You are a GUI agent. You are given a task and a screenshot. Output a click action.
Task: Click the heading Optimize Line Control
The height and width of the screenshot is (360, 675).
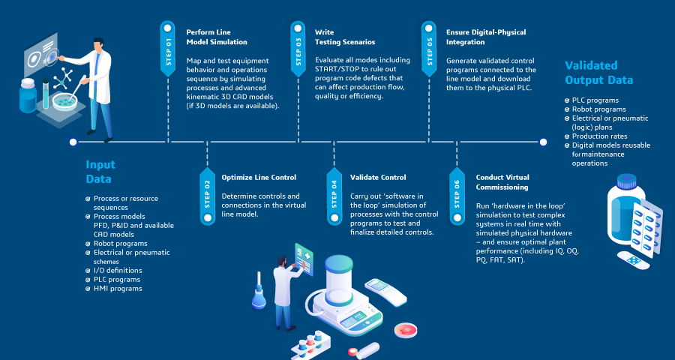(x=259, y=178)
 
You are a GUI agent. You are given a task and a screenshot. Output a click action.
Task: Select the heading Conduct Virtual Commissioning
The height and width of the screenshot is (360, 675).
(x=502, y=182)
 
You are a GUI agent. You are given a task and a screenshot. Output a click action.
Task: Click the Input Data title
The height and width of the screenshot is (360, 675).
(x=99, y=172)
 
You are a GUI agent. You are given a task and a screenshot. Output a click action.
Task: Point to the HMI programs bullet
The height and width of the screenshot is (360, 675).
(x=118, y=288)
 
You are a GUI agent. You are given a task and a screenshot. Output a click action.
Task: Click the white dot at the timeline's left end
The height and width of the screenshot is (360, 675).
(x=73, y=141)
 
